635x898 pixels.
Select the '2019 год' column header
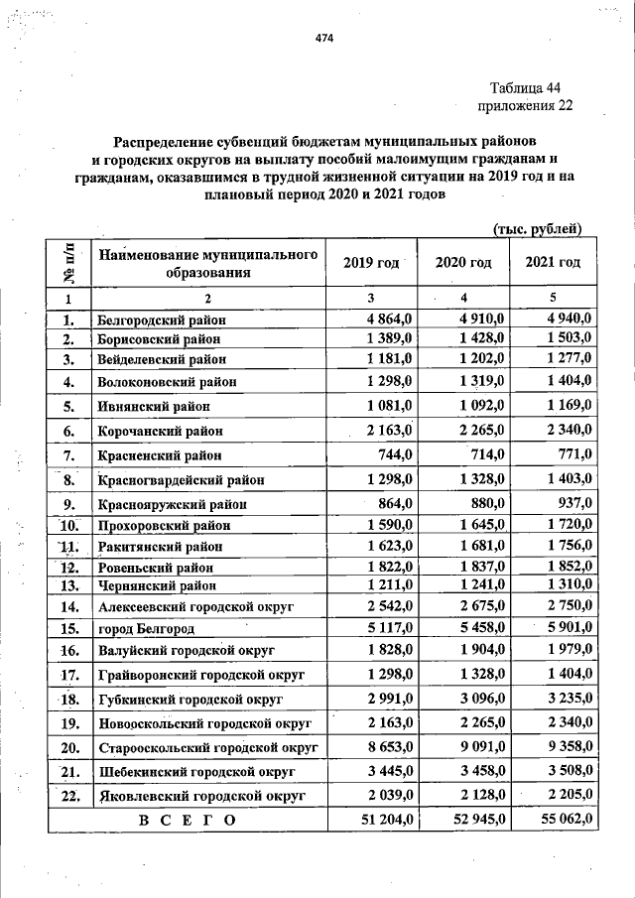click(x=370, y=263)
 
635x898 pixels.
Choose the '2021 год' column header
click(x=553, y=263)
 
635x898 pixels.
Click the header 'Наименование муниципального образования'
click(x=208, y=263)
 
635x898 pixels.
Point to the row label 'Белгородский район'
click(x=161, y=321)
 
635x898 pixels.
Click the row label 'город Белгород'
click(x=145, y=629)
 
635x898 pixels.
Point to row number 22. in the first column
click(x=69, y=796)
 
